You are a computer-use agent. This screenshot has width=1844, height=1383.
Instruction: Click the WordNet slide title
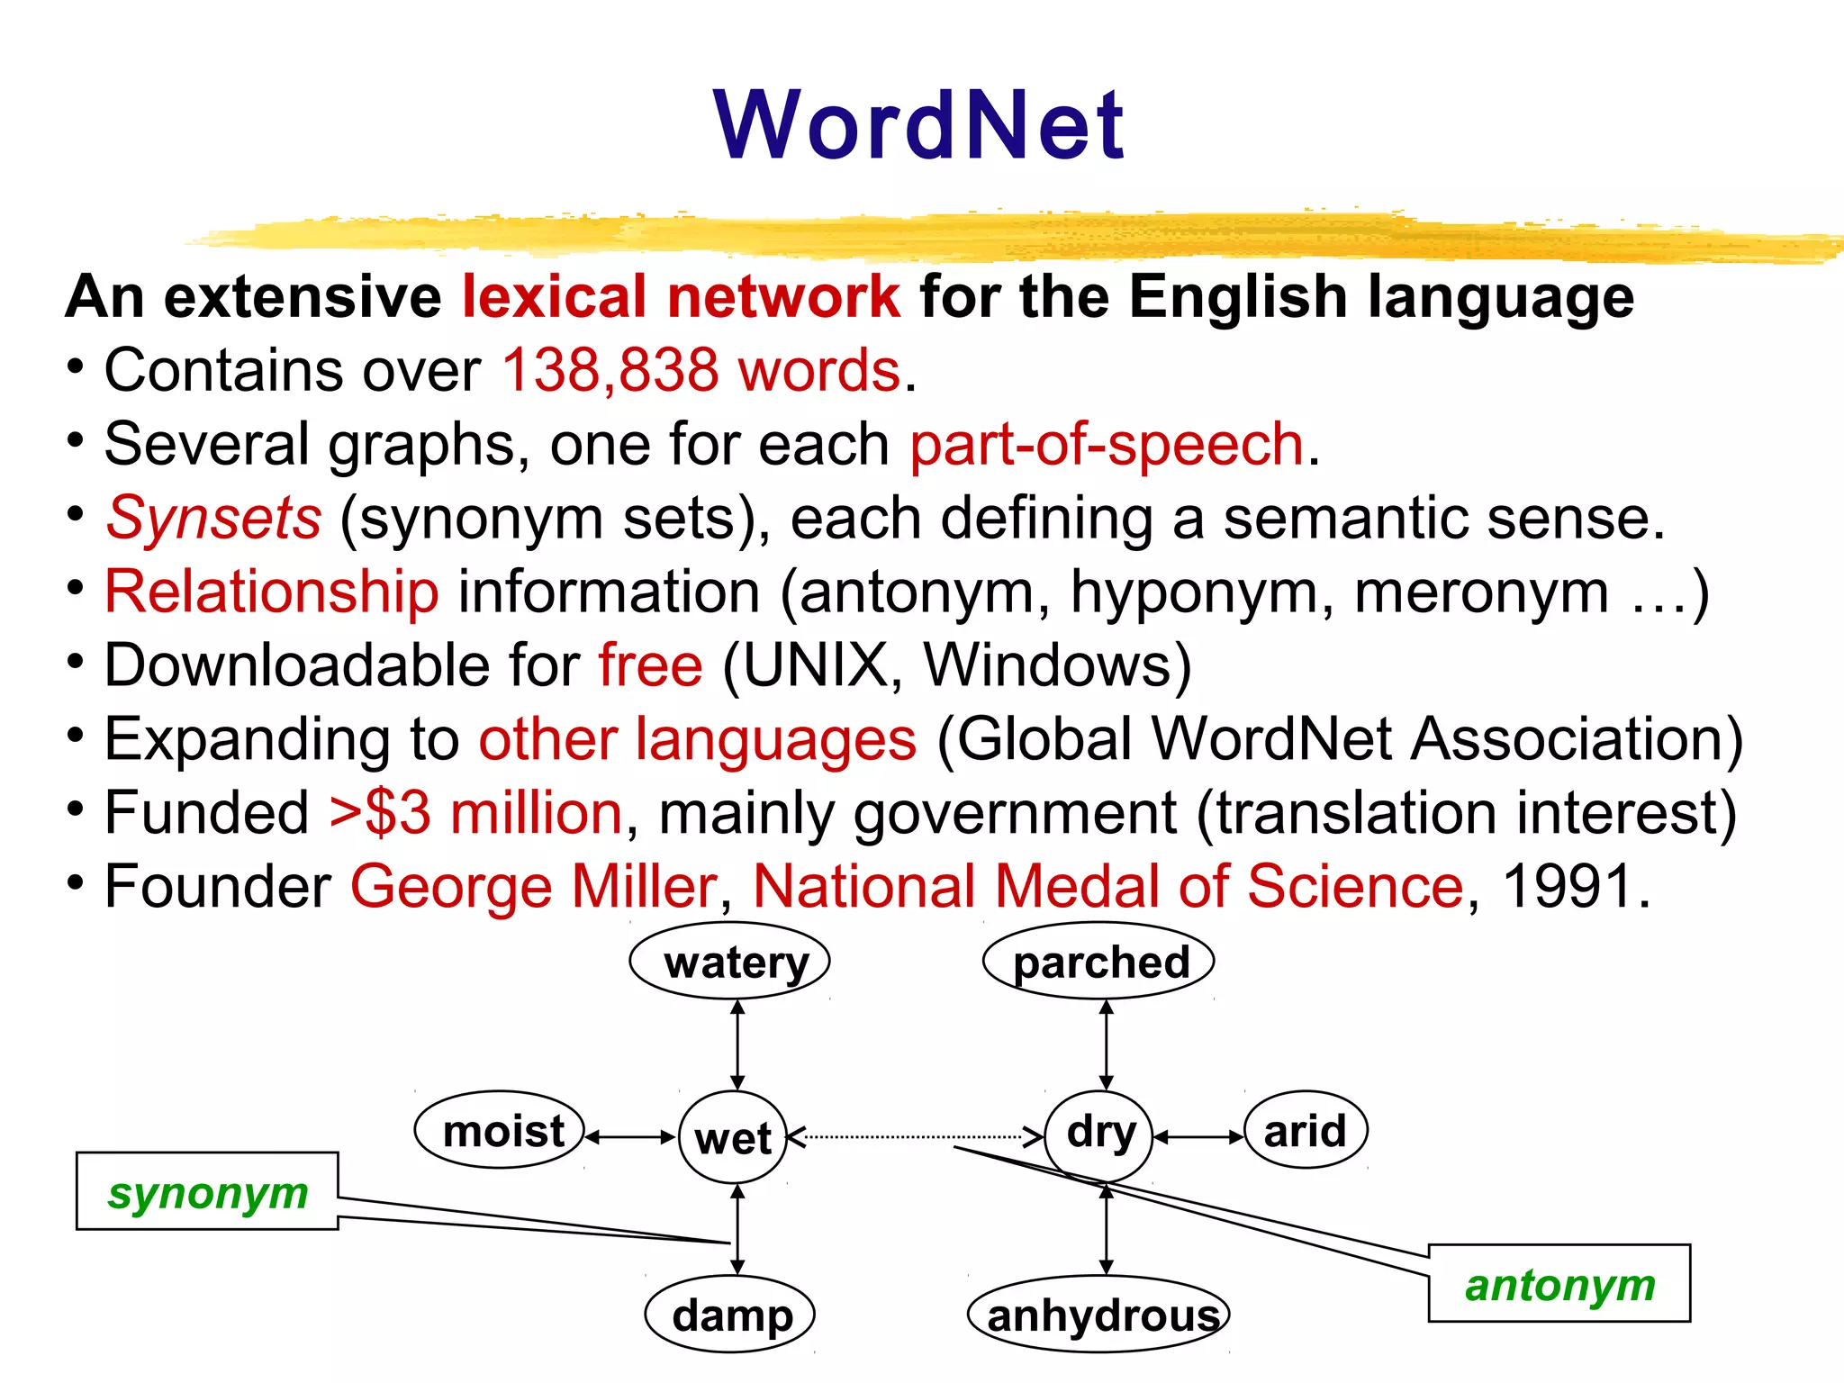[x=918, y=126]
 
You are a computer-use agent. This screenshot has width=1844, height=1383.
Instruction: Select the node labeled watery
[x=729, y=962]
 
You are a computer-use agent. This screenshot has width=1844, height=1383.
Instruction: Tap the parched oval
[x=1098, y=962]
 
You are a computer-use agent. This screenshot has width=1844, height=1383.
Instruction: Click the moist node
[x=500, y=1131]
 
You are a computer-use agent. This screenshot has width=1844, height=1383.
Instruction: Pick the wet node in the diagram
[x=733, y=1137]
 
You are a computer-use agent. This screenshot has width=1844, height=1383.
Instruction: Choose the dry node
[x=1098, y=1133]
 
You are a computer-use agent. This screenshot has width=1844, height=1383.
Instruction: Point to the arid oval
[x=1306, y=1131]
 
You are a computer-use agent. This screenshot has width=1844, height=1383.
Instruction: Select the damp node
[x=730, y=1315]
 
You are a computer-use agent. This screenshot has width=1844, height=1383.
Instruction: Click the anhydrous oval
[x=1098, y=1315]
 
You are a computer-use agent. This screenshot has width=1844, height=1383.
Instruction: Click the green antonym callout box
[x=1559, y=1284]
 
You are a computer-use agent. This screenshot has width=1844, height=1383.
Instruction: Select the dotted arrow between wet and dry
[x=914, y=1137]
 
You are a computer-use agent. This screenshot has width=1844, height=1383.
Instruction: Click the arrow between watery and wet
[x=737, y=1044]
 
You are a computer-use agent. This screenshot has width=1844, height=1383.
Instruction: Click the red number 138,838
[x=610, y=370]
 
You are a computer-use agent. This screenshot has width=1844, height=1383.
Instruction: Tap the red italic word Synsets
[x=213, y=519]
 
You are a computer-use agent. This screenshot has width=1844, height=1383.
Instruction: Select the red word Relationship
[x=271, y=592]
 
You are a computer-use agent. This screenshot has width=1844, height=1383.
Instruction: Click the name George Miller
[x=533, y=887]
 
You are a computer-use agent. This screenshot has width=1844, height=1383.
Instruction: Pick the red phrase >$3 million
[x=475, y=813]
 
